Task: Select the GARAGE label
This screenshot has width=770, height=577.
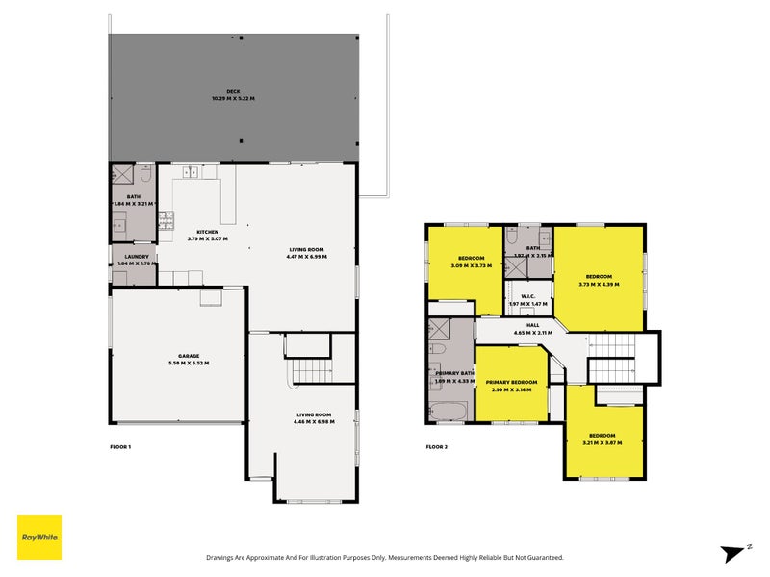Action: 189,356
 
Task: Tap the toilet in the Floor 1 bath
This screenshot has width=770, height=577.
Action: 143,174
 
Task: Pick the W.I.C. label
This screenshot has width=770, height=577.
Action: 527,296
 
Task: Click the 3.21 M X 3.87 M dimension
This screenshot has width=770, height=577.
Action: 602,442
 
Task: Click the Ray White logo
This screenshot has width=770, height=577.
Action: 39,538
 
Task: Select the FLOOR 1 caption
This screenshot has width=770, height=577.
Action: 120,447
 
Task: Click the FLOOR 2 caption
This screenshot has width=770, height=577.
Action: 437,447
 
